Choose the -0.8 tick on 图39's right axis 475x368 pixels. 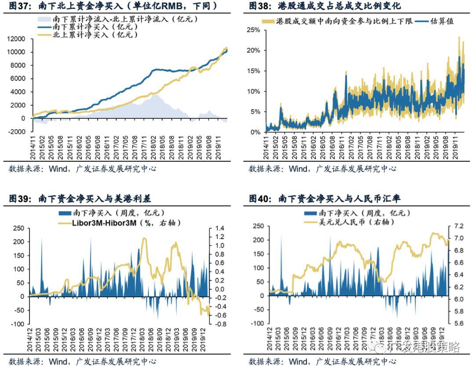(219, 324)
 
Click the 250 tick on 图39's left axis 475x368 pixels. (18, 228)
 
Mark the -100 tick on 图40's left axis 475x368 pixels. (257, 323)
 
